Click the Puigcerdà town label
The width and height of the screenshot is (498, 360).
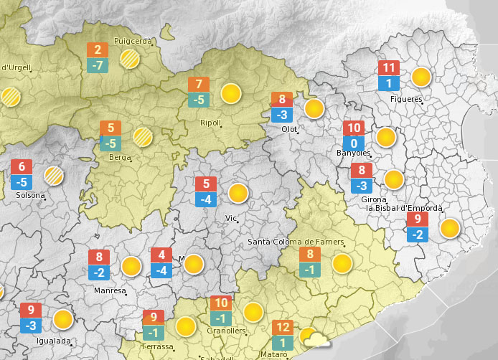133,41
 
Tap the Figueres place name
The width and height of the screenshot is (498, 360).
406,99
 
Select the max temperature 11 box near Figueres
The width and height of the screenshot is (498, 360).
389,68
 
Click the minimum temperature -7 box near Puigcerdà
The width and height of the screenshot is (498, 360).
98,65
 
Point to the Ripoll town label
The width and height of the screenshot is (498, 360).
210,123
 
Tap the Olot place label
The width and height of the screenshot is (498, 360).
289,129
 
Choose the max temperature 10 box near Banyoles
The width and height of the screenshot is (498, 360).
354,128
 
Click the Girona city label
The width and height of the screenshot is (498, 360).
374,199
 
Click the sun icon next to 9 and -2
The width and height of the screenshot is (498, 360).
449,228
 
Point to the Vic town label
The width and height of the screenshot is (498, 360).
231,217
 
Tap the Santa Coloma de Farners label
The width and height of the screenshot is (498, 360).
296,242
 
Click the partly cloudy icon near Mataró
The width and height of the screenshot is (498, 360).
314,338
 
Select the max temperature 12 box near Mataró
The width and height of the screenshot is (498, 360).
283,328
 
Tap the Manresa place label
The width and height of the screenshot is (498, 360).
110,291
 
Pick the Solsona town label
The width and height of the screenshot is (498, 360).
30,195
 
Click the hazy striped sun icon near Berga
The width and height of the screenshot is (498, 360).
143,136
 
